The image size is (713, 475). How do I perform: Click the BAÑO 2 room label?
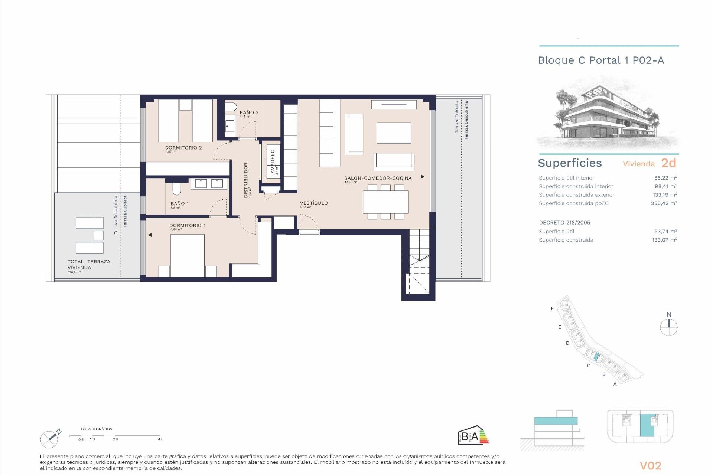click(x=249, y=112)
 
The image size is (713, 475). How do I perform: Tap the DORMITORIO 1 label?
click(x=187, y=225)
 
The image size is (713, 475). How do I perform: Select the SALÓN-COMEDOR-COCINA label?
click(x=378, y=178)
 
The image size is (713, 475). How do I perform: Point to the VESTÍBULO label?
click(x=314, y=203)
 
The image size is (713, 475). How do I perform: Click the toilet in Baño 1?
click(x=177, y=189)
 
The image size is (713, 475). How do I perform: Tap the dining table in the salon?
click(x=385, y=202)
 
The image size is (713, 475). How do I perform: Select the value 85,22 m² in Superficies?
click(x=665, y=178)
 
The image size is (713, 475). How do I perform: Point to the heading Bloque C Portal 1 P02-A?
click(x=600, y=60)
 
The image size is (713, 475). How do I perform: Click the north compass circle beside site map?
click(x=668, y=328)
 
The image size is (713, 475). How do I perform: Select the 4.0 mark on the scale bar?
click(x=160, y=439)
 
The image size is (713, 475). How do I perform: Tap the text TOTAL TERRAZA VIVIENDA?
click(x=89, y=264)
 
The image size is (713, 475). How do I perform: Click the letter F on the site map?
click(x=552, y=308)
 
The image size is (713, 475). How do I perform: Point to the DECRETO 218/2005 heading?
click(x=564, y=223)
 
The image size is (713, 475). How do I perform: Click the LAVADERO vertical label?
click(x=273, y=163)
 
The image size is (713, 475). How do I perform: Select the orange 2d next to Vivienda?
click(x=668, y=163)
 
